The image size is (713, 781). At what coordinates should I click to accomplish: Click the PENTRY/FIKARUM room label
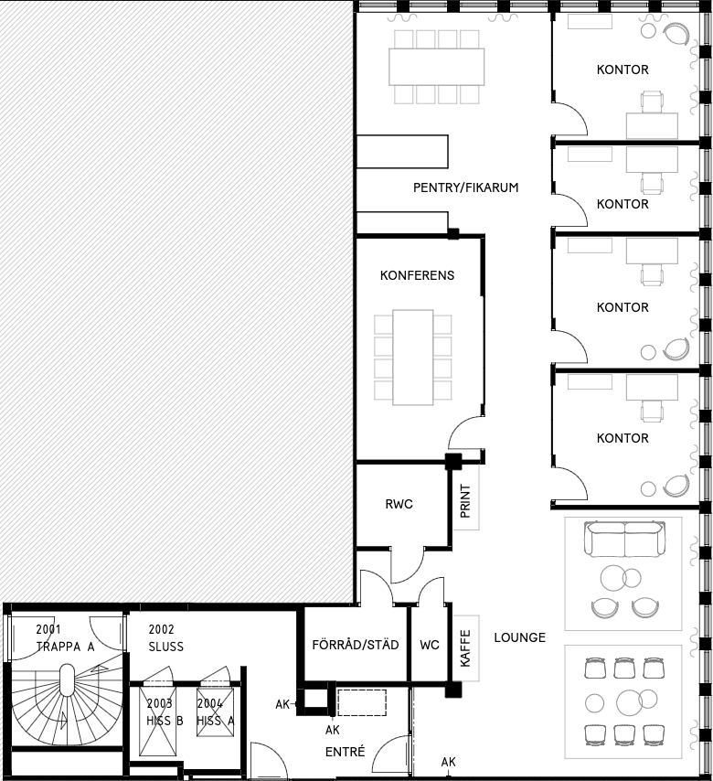point(465,187)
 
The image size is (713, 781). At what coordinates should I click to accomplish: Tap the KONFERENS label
point(417,275)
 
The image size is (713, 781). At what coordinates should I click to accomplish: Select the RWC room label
point(399,504)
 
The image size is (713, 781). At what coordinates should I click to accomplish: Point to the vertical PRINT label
point(465,500)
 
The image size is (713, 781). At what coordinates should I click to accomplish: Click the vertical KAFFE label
point(465,648)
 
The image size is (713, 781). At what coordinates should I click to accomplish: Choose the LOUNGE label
point(519,637)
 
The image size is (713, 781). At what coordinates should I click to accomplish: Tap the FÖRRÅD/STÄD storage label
point(355,645)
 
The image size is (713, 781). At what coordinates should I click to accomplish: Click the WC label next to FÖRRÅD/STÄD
point(430,645)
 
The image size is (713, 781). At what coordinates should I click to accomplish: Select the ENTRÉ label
point(345,751)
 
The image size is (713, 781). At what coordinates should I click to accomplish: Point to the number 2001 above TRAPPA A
point(48,629)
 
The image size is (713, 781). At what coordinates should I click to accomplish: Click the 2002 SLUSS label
point(165,638)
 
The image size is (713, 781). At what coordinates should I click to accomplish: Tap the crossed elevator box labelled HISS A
point(215,712)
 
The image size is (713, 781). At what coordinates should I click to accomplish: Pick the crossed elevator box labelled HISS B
point(158,722)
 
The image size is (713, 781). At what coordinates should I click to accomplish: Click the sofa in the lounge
point(624,539)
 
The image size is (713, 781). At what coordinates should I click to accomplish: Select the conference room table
point(413,358)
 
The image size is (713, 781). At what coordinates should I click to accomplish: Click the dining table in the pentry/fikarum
point(437,67)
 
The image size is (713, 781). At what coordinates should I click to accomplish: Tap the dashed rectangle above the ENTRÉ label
point(362,702)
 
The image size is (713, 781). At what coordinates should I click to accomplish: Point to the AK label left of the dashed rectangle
point(282,704)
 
